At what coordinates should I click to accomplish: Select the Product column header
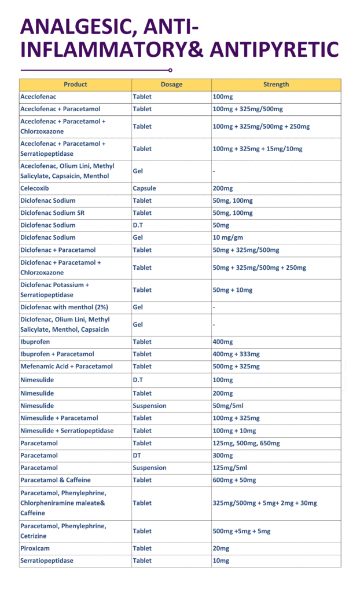pyautogui.click(x=75, y=85)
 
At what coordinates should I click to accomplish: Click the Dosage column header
pyautogui.click(x=171, y=85)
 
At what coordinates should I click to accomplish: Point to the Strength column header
pyautogui.click(x=276, y=85)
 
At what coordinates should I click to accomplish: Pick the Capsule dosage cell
pyautogui.click(x=144, y=188)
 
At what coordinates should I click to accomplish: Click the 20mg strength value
pyautogui.click(x=222, y=548)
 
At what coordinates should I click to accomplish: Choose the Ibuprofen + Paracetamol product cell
pyautogui.click(x=57, y=354)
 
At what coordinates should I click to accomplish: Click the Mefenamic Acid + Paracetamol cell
pyautogui.click(x=67, y=367)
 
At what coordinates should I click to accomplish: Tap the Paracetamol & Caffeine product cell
pyautogui.click(x=56, y=480)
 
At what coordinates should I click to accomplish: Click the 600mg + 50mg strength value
pyautogui.click(x=234, y=480)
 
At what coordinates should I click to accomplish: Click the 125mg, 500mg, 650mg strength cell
pyautogui.click(x=247, y=443)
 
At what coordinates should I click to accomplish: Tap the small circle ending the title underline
pyautogui.click(x=170, y=70)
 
